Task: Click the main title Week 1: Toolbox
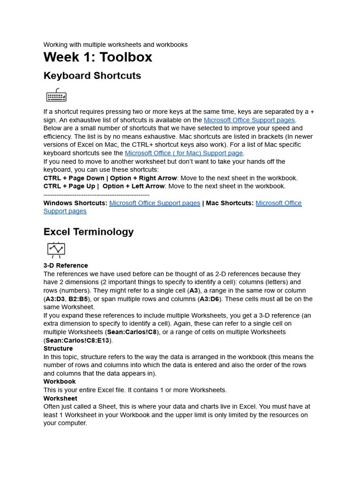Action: point(97,57)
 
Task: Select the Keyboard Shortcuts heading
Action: point(92,76)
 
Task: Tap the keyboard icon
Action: point(56,96)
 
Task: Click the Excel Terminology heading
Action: point(89,232)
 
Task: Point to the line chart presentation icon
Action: point(56,250)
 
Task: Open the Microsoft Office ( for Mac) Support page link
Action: point(184,153)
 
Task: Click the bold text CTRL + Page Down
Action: point(74,178)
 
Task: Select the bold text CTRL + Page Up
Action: point(69,186)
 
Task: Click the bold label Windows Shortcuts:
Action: point(75,203)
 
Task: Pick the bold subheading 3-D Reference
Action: point(66,265)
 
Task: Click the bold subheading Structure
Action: point(58,348)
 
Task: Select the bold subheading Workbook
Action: point(60,382)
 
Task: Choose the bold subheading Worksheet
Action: point(60,398)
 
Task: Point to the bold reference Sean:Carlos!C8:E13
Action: point(77,340)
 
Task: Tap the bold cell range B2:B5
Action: point(78,299)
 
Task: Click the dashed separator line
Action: point(96,195)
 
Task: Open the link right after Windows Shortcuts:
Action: point(155,203)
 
